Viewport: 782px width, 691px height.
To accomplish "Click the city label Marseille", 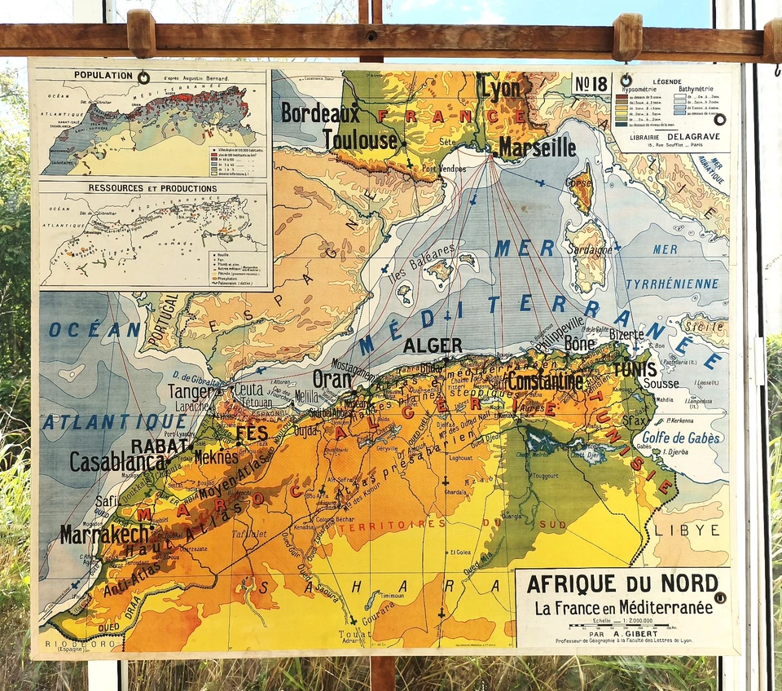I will point(537,147).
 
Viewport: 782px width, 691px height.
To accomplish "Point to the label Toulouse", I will point(359,140).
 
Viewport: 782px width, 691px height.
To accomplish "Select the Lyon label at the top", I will point(499,87).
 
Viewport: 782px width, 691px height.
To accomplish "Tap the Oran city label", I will point(332,379).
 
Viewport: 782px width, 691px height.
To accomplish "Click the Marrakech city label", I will point(106,534).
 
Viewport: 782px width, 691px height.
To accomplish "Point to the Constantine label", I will point(544,381).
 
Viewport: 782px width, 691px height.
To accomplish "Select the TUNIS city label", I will point(635,369).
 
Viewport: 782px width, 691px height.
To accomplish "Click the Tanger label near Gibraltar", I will point(194,391).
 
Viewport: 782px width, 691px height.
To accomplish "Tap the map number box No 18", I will point(593,84).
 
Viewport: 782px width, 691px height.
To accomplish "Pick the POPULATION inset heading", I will point(103,75).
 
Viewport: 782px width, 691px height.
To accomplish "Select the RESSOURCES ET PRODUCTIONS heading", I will point(153,188).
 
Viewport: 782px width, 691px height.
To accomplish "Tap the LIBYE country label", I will point(686,530).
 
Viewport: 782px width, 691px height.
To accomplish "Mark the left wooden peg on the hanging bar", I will point(141,33).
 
